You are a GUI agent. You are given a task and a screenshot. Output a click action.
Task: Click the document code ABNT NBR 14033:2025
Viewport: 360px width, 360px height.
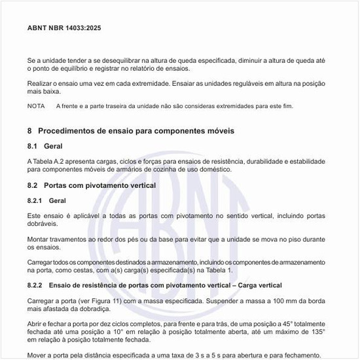pos(64,29)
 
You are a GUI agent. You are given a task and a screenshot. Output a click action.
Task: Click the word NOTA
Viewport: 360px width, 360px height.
pos(37,106)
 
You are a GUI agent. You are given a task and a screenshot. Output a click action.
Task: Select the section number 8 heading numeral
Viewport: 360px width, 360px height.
pos(30,131)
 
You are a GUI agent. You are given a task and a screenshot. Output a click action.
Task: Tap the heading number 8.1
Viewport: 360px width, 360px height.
pos(33,146)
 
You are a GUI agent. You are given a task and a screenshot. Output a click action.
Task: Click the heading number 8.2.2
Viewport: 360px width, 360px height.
pos(35,286)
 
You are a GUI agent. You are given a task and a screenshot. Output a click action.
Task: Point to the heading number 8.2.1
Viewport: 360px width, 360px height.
pos(35,200)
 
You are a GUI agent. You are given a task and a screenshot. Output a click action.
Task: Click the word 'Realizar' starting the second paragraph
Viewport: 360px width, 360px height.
pos(41,84)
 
